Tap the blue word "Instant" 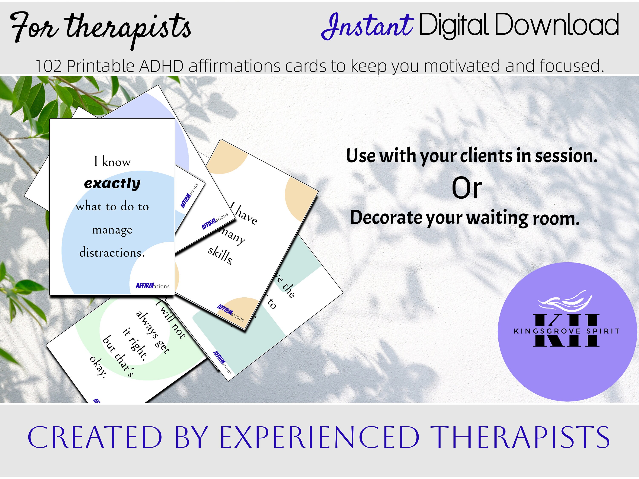pos(367,27)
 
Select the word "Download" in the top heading pos(556,25)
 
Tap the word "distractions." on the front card pos(112,253)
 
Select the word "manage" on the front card pos(112,230)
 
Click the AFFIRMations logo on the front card pos(152,285)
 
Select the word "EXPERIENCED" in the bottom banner pos(319,437)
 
